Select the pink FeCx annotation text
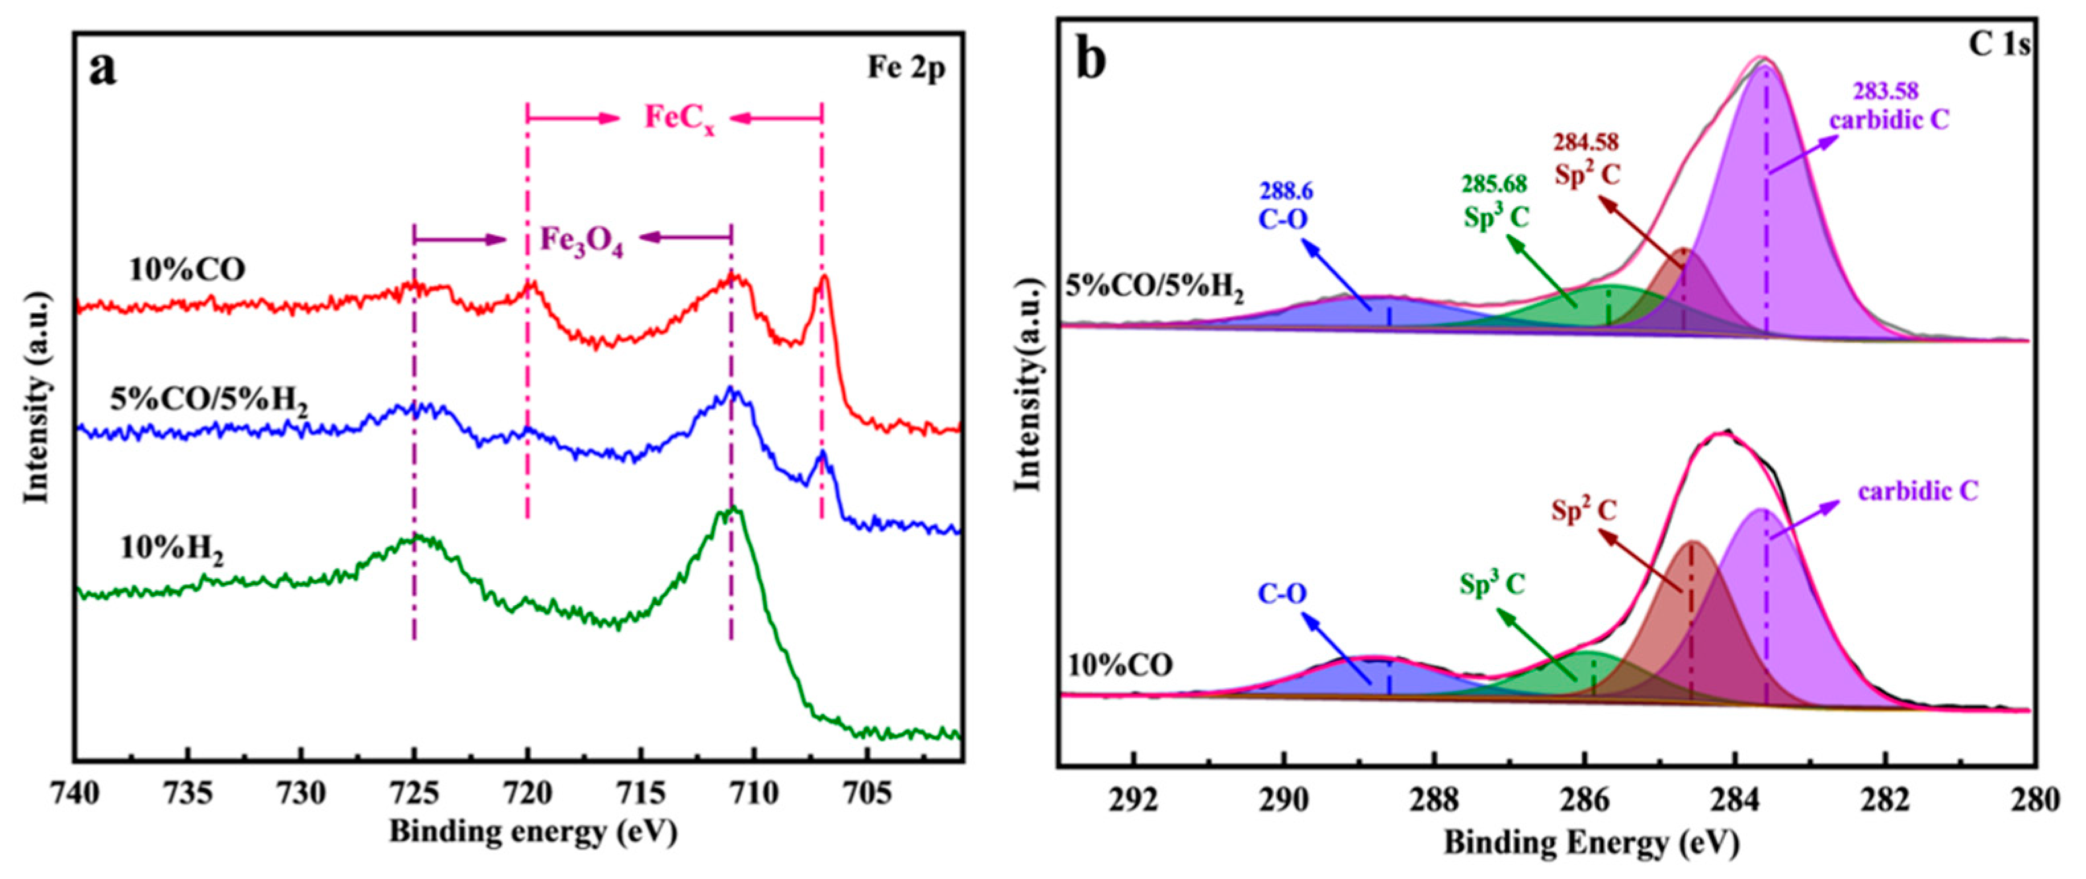click(679, 118)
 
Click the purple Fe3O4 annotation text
click(581, 241)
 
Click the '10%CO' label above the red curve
click(187, 270)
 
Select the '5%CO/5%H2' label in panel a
click(209, 402)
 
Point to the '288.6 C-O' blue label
click(1285, 205)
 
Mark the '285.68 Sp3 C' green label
click(1495, 200)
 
